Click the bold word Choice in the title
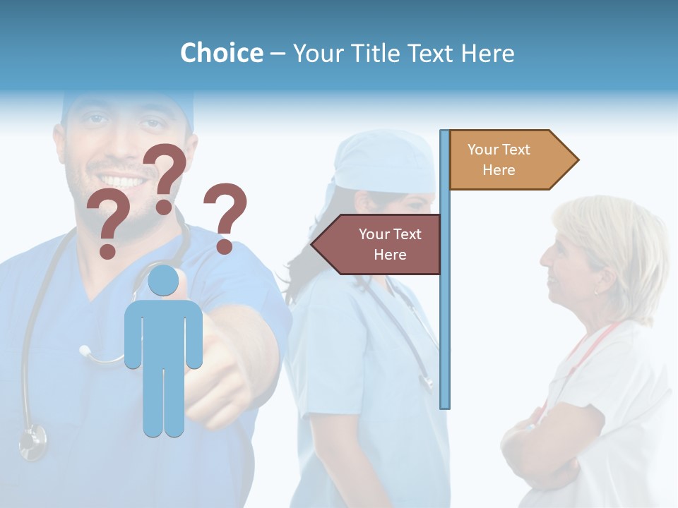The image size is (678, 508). pos(221,53)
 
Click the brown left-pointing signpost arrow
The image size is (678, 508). pos(378,244)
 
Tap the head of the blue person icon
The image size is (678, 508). pos(164,281)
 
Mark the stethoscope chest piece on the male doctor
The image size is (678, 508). pos(32,442)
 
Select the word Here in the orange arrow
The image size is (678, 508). pos(499,170)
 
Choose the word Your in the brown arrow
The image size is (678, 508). pos(373,234)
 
